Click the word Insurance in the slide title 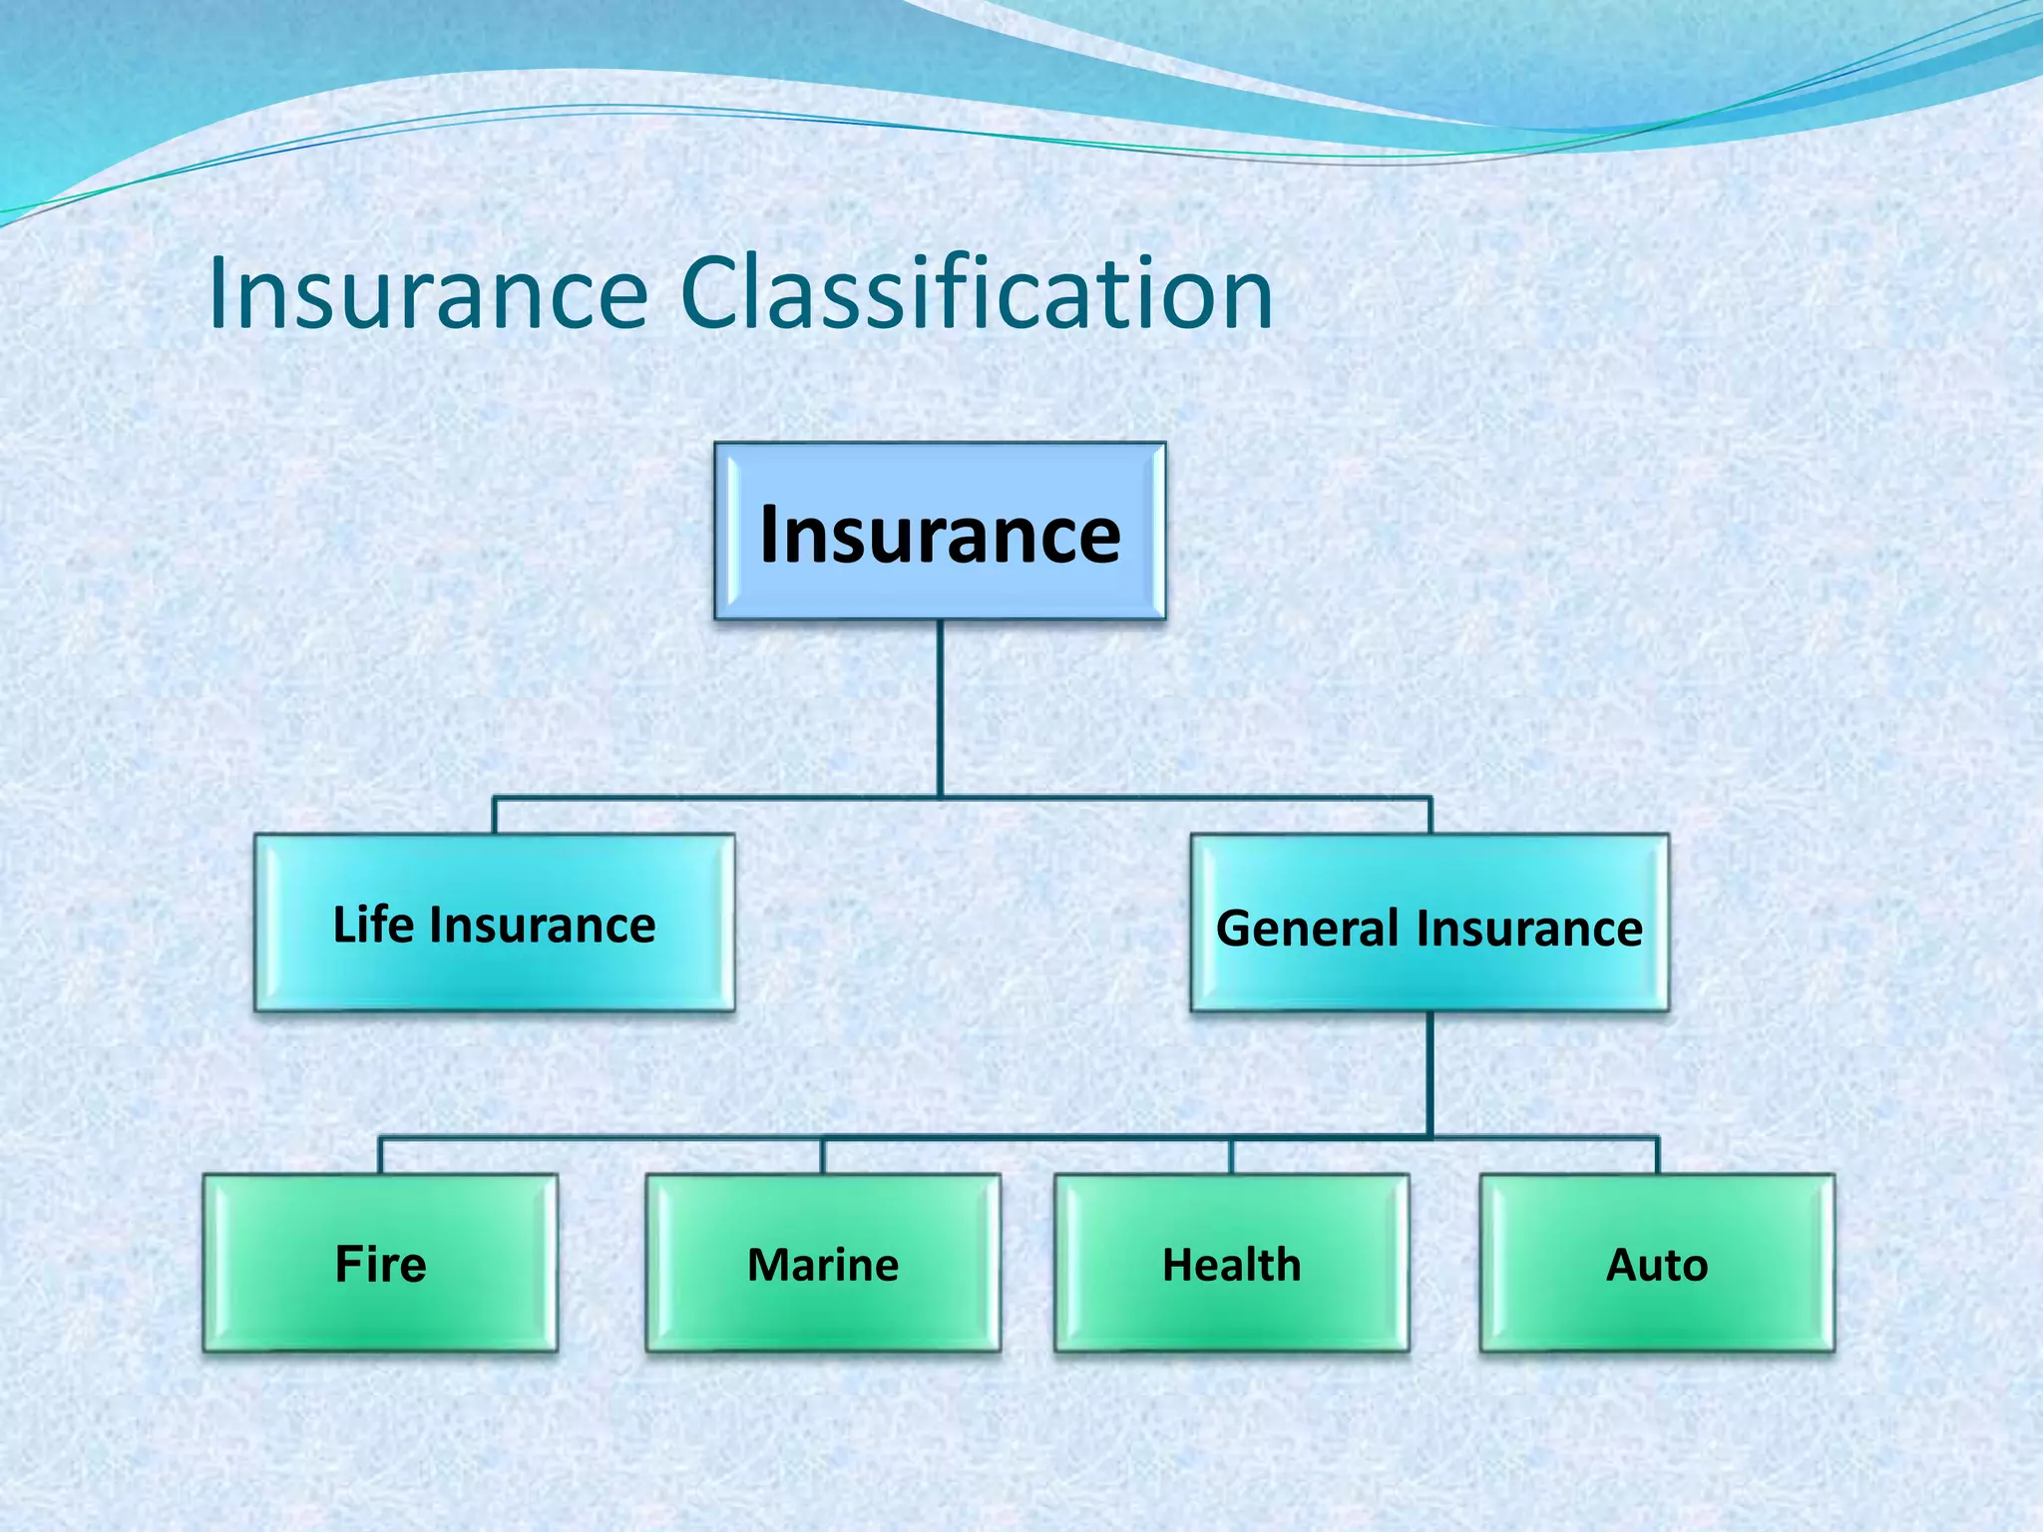(429, 294)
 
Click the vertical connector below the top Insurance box (940, 708)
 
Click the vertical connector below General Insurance (1430, 1073)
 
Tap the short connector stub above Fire (380, 1155)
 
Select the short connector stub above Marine (823, 1155)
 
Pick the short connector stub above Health (1232, 1155)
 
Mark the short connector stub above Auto (1657, 1155)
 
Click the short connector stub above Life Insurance (495, 815)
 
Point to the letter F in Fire (347, 1265)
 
